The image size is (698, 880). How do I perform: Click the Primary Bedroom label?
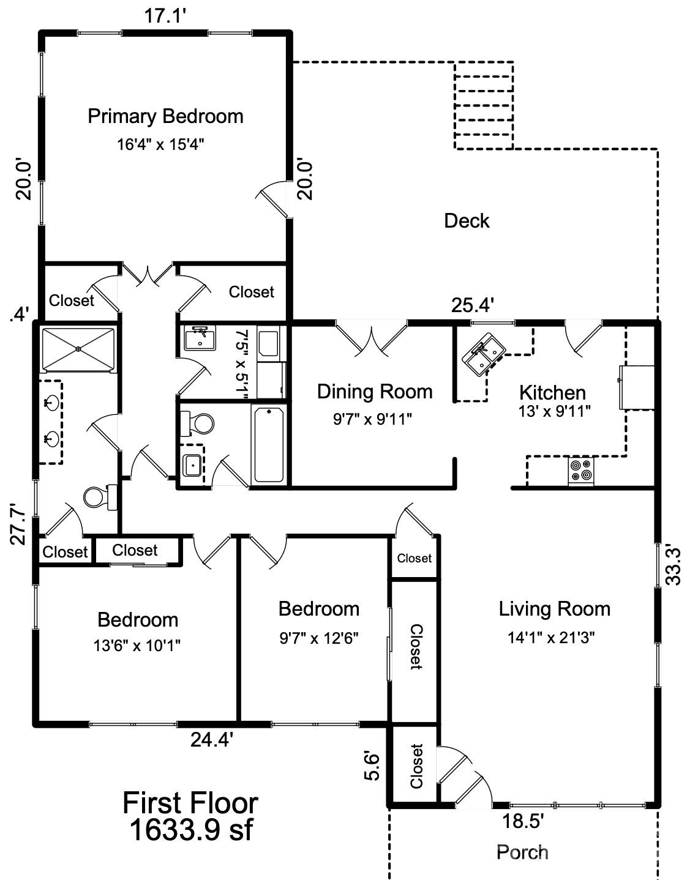coord(166,116)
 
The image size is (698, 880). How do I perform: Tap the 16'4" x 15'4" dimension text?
coord(161,144)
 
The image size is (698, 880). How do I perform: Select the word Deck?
coord(467,221)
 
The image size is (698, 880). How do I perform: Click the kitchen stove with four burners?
coord(581,471)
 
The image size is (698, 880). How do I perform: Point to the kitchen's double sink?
coord(483,354)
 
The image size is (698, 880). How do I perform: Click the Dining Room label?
coord(375,391)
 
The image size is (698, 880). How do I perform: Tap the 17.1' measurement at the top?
coord(165,17)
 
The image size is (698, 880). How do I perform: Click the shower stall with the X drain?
coord(78,349)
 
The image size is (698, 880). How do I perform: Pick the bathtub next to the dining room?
coord(269,445)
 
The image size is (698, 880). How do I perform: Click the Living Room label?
coord(554,609)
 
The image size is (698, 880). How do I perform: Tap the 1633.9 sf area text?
coord(191,829)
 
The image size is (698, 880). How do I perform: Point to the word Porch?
coord(522,852)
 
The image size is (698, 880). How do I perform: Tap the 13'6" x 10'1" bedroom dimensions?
coord(137,646)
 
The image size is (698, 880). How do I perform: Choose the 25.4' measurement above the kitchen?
coord(473,305)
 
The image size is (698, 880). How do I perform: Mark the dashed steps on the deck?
coord(484,105)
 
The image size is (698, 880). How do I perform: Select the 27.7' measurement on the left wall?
coord(18,524)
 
